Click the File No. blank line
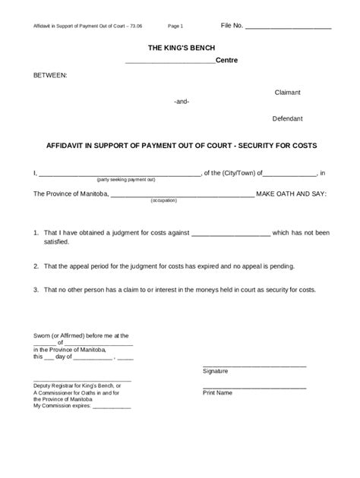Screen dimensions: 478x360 point(289,27)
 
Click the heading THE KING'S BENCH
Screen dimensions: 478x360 point(180,48)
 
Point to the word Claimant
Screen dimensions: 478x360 point(288,93)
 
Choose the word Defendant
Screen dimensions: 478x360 point(288,119)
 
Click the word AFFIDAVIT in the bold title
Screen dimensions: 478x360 point(67,145)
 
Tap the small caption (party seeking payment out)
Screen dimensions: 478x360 point(125,180)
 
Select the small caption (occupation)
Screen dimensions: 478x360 point(163,200)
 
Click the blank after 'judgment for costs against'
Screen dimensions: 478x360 point(231,233)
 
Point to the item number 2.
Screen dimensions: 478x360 point(35,267)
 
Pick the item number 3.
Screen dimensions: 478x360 point(35,290)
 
